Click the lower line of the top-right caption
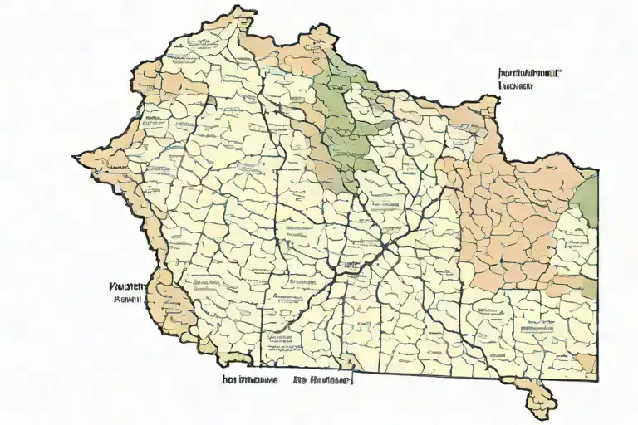click(515, 85)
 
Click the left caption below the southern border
click(249, 381)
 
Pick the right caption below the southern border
click(322, 381)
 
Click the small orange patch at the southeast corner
click(586, 362)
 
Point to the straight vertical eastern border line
click(596, 274)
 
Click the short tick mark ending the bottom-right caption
click(352, 380)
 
